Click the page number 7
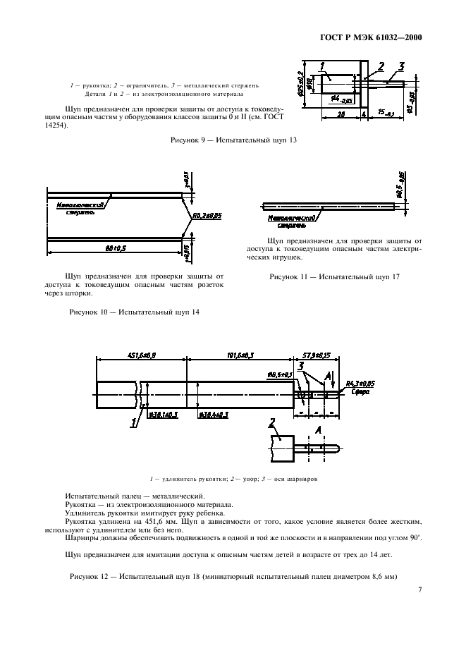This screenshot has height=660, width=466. (x=419, y=589)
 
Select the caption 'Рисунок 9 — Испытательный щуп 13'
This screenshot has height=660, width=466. (x=233, y=140)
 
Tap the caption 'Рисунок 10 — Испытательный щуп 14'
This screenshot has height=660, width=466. (x=133, y=312)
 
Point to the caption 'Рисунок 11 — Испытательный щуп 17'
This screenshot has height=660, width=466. (x=334, y=277)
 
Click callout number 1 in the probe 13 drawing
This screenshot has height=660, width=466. (x=322, y=67)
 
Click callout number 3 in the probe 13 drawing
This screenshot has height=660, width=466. (x=401, y=66)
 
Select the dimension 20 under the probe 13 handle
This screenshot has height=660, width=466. (x=340, y=113)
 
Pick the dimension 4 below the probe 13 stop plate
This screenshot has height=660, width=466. (x=363, y=113)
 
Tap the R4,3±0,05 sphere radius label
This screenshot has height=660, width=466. (x=360, y=386)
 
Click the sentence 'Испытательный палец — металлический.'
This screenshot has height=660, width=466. (x=135, y=496)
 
